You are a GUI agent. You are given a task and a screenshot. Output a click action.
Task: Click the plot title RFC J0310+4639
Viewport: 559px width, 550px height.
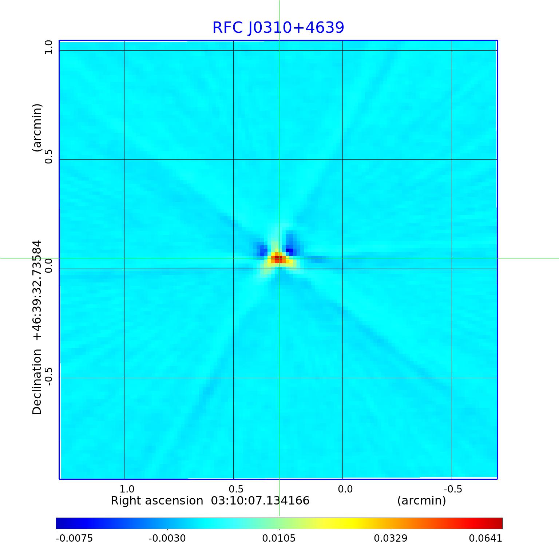(x=278, y=28)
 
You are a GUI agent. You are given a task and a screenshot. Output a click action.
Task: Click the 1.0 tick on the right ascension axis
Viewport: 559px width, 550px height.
(x=127, y=489)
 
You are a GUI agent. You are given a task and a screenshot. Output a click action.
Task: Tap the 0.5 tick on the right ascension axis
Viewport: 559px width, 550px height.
(x=236, y=489)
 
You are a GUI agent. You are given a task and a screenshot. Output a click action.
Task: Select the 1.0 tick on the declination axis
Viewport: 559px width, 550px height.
(x=49, y=47)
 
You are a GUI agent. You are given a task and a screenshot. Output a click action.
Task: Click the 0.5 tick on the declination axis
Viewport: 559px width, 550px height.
(x=49, y=156)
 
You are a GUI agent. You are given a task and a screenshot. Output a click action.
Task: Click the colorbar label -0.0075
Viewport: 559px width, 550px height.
(x=74, y=538)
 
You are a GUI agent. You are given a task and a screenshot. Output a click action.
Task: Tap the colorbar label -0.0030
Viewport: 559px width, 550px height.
(x=167, y=538)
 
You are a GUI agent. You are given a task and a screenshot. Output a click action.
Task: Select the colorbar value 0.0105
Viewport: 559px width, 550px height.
(x=279, y=538)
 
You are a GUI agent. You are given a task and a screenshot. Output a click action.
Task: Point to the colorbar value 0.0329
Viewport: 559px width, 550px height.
(x=390, y=538)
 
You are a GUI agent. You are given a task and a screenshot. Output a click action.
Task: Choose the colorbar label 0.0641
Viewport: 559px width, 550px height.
(x=485, y=538)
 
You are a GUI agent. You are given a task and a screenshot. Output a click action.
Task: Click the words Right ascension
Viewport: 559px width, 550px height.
(x=157, y=501)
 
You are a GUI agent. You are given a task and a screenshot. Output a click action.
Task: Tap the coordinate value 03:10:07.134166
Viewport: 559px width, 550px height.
(x=260, y=501)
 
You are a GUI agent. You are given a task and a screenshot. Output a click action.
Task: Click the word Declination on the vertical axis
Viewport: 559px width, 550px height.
(x=37, y=382)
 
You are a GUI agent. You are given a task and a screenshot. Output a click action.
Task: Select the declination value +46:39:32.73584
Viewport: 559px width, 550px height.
(x=37, y=290)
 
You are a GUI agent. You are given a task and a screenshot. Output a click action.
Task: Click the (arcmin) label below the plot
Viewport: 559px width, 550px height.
(x=421, y=501)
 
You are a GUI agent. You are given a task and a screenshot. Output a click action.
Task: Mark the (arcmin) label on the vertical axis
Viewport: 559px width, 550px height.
(x=37, y=128)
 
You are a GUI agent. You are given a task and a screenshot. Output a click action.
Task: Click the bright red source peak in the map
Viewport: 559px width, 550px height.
(x=277, y=259)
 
